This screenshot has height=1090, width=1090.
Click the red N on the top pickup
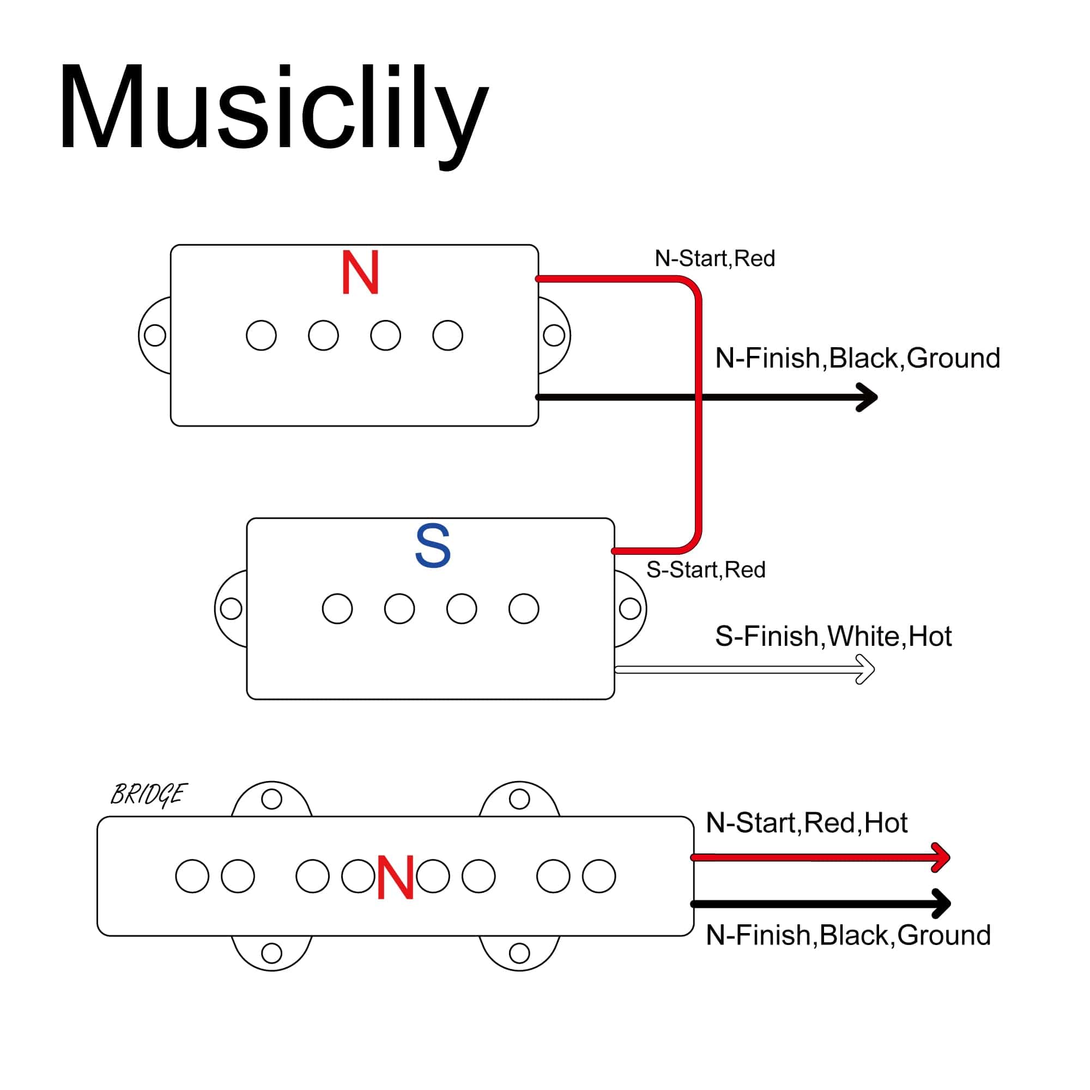(360, 273)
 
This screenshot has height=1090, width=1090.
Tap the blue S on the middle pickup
(433, 546)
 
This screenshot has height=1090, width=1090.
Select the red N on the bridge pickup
(396, 877)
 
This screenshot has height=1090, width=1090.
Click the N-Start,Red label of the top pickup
(714, 258)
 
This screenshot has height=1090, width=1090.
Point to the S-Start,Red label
(705, 570)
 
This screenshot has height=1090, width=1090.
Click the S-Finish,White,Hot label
(833, 637)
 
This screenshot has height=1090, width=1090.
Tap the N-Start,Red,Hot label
(806, 823)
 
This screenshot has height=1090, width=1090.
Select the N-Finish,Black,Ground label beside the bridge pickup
(848, 935)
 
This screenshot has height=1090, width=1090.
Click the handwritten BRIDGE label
(148, 795)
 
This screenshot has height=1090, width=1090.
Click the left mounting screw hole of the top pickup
(155, 335)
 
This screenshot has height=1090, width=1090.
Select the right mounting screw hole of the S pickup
(629, 609)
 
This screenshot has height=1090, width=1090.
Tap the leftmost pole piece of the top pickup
(261, 335)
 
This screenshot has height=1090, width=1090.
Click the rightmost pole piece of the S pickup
(524, 609)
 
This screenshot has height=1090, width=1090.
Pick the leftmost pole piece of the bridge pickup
(192, 876)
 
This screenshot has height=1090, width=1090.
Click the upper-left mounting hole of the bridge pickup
(272, 799)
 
